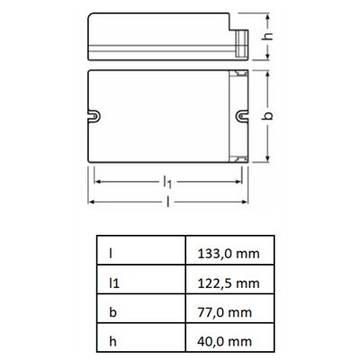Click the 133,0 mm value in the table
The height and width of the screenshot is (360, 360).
(227, 254)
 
